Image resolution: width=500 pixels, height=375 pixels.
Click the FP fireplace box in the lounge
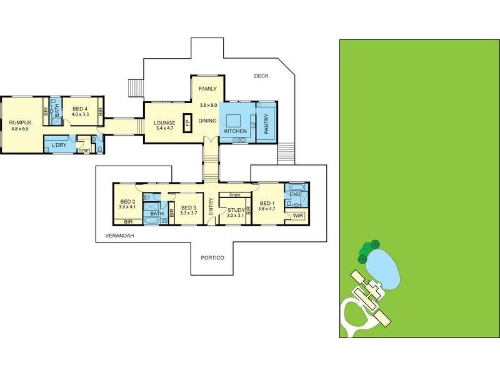point(187,122)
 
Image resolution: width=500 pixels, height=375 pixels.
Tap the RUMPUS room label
point(20,122)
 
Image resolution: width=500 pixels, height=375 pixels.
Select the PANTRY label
point(267,124)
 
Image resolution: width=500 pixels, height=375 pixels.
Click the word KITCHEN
point(236,131)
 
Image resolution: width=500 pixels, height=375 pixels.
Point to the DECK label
point(261,76)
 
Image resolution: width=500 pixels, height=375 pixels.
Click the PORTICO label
point(212,257)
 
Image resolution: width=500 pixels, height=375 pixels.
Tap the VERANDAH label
point(119,236)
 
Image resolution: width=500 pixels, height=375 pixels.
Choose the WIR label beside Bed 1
point(298,216)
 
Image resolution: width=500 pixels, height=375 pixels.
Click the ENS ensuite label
point(295,194)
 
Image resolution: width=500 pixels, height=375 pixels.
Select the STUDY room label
point(236,210)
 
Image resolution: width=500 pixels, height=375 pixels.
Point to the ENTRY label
point(211,206)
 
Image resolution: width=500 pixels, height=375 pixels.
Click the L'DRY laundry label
point(59,145)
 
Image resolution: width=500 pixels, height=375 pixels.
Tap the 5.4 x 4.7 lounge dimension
point(164,128)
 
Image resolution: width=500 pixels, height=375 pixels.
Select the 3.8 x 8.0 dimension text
point(208,105)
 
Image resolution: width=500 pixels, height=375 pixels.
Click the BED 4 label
point(80,109)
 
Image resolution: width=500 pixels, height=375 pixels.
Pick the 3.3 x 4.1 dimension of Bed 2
point(127,207)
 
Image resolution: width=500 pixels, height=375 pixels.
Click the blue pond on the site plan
point(383,269)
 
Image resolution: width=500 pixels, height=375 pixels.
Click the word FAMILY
point(207,89)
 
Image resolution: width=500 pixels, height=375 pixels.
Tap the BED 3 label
point(189,208)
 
